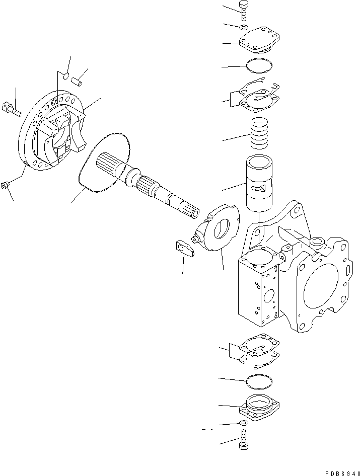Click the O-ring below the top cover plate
point(260,65)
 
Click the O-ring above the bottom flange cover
point(260,381)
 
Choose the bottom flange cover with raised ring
point(260,406)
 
